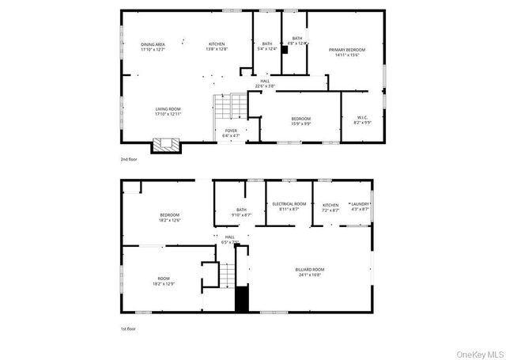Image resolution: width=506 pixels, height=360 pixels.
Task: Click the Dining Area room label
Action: point(153,44)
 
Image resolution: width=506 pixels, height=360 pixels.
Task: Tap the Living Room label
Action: point(168,108)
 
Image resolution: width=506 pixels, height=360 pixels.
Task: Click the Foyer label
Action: point(231,131)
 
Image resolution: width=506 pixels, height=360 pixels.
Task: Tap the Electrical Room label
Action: point(289,204)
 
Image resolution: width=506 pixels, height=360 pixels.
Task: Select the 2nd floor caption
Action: point(129,159)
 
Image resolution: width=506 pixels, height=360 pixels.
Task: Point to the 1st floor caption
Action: point(128,328)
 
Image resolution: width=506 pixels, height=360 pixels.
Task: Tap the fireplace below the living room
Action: point(167,145)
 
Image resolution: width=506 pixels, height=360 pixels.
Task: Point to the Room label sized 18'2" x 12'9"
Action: point(164,279)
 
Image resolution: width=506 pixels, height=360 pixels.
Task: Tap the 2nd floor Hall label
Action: point(264,80)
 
